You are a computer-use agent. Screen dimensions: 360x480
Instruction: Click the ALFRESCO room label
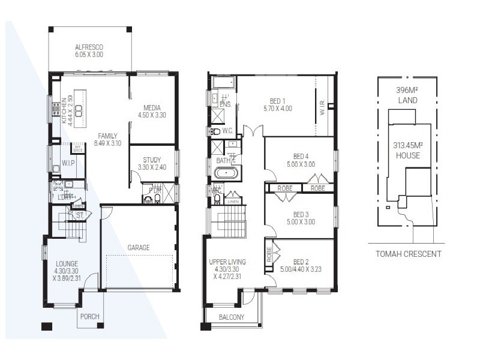pos(89,47)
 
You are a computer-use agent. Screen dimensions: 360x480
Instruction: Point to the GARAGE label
pos(139,247)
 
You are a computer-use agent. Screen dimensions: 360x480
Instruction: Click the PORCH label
pos(89,317)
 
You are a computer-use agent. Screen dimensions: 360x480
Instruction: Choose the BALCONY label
pos(231,317)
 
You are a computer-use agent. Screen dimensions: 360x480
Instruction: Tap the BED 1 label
pos(277,101)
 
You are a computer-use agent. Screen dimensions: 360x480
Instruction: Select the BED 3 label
pos(300,214)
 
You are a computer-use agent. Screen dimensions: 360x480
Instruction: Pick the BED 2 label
pos(301,262)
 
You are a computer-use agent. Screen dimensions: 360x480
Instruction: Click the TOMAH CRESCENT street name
pos(408,254)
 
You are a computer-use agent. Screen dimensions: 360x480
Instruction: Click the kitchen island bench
pos(78,103)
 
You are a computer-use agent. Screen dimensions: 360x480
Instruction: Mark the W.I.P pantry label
pos(68,163)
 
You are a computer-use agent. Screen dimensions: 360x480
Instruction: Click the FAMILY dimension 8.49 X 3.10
pos(108,143)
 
